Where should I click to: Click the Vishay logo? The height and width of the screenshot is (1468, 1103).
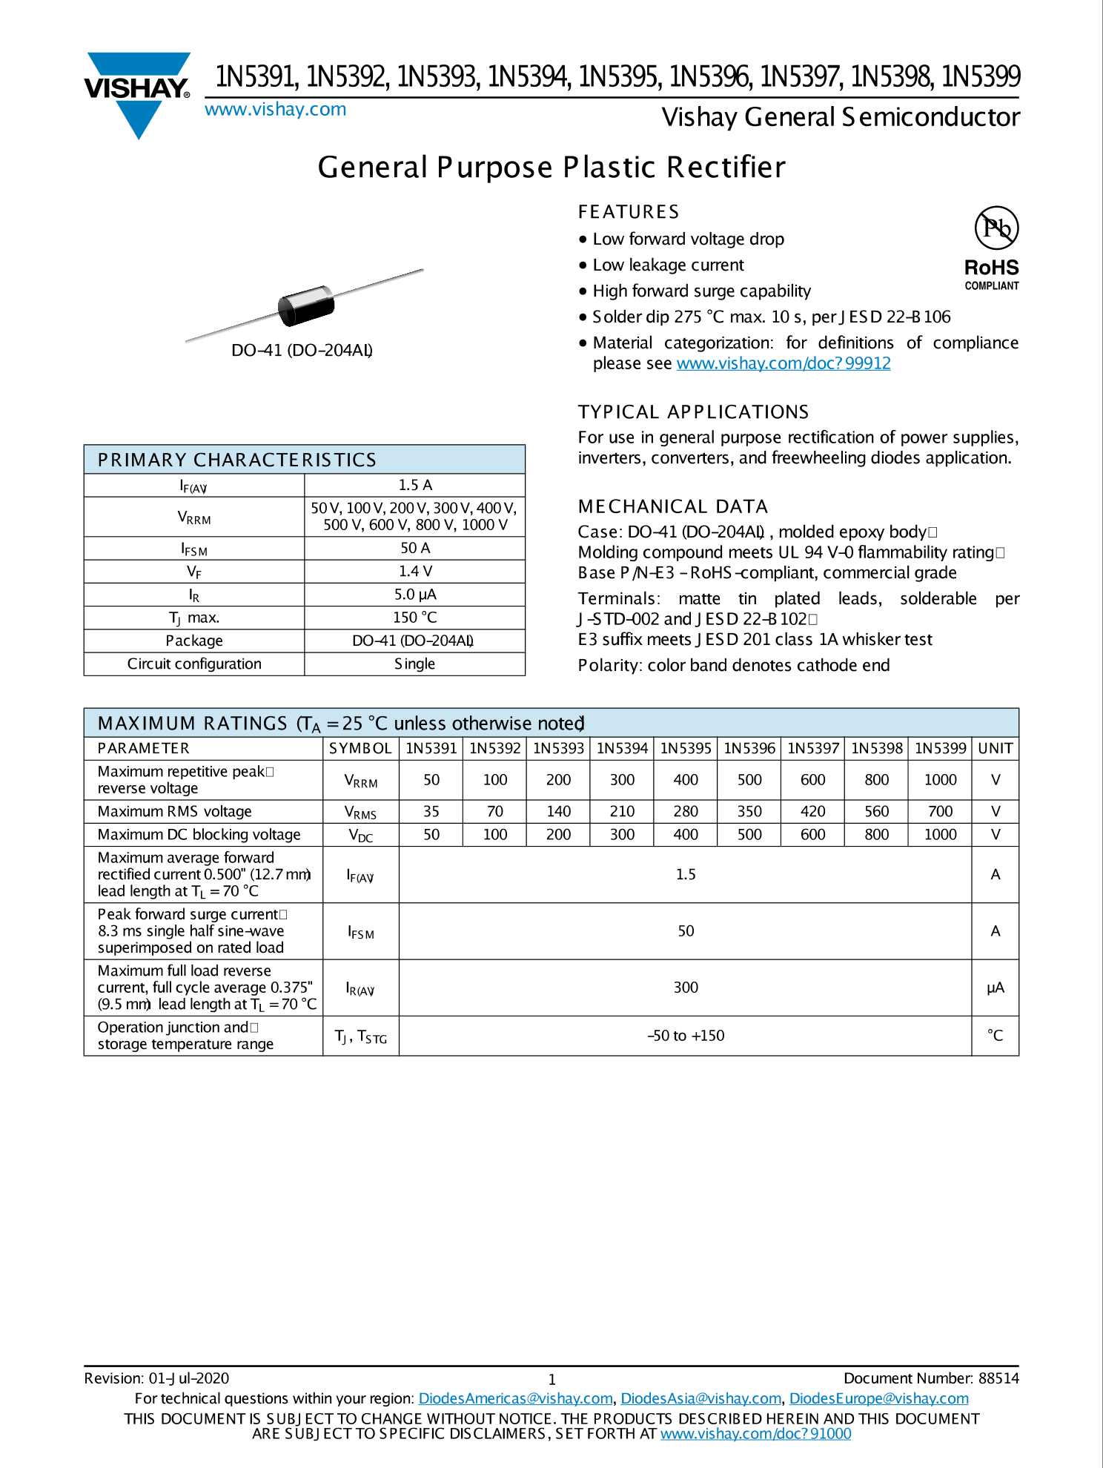[138, 93]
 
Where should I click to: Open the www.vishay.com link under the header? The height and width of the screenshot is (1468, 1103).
[275, 110]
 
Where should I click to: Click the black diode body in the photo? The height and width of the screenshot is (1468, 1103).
[306, 305]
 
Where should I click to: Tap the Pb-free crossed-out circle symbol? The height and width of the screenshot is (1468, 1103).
[996, 228]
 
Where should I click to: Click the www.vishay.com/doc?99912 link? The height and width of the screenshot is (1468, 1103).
[783, 363]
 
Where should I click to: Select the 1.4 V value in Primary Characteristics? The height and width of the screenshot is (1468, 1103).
[414, 571]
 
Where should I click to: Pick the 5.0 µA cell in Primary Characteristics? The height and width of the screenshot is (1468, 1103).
[414, 595]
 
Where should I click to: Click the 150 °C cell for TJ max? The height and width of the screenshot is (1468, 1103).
[414, 618]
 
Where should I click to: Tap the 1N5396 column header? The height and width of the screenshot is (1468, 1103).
[749, 748]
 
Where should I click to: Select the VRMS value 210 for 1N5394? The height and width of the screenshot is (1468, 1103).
[622, 811]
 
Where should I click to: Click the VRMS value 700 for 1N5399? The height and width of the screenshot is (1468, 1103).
[940, 811]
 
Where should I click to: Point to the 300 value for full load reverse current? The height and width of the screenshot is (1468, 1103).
[685, 988]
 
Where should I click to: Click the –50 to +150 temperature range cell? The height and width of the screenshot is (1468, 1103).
[685, 1036]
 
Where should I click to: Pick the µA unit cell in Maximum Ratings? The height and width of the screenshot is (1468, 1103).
[995, 988]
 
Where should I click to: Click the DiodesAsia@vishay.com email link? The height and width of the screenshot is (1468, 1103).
[700, 1398]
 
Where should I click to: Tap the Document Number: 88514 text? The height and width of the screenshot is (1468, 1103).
[931, 1378]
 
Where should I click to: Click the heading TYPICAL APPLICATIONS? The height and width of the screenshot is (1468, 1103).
[693, 412]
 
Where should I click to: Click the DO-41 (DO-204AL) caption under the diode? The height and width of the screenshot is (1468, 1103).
[302, 351]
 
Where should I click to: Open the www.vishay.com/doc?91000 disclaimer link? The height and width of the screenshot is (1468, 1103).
[755, 1434]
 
